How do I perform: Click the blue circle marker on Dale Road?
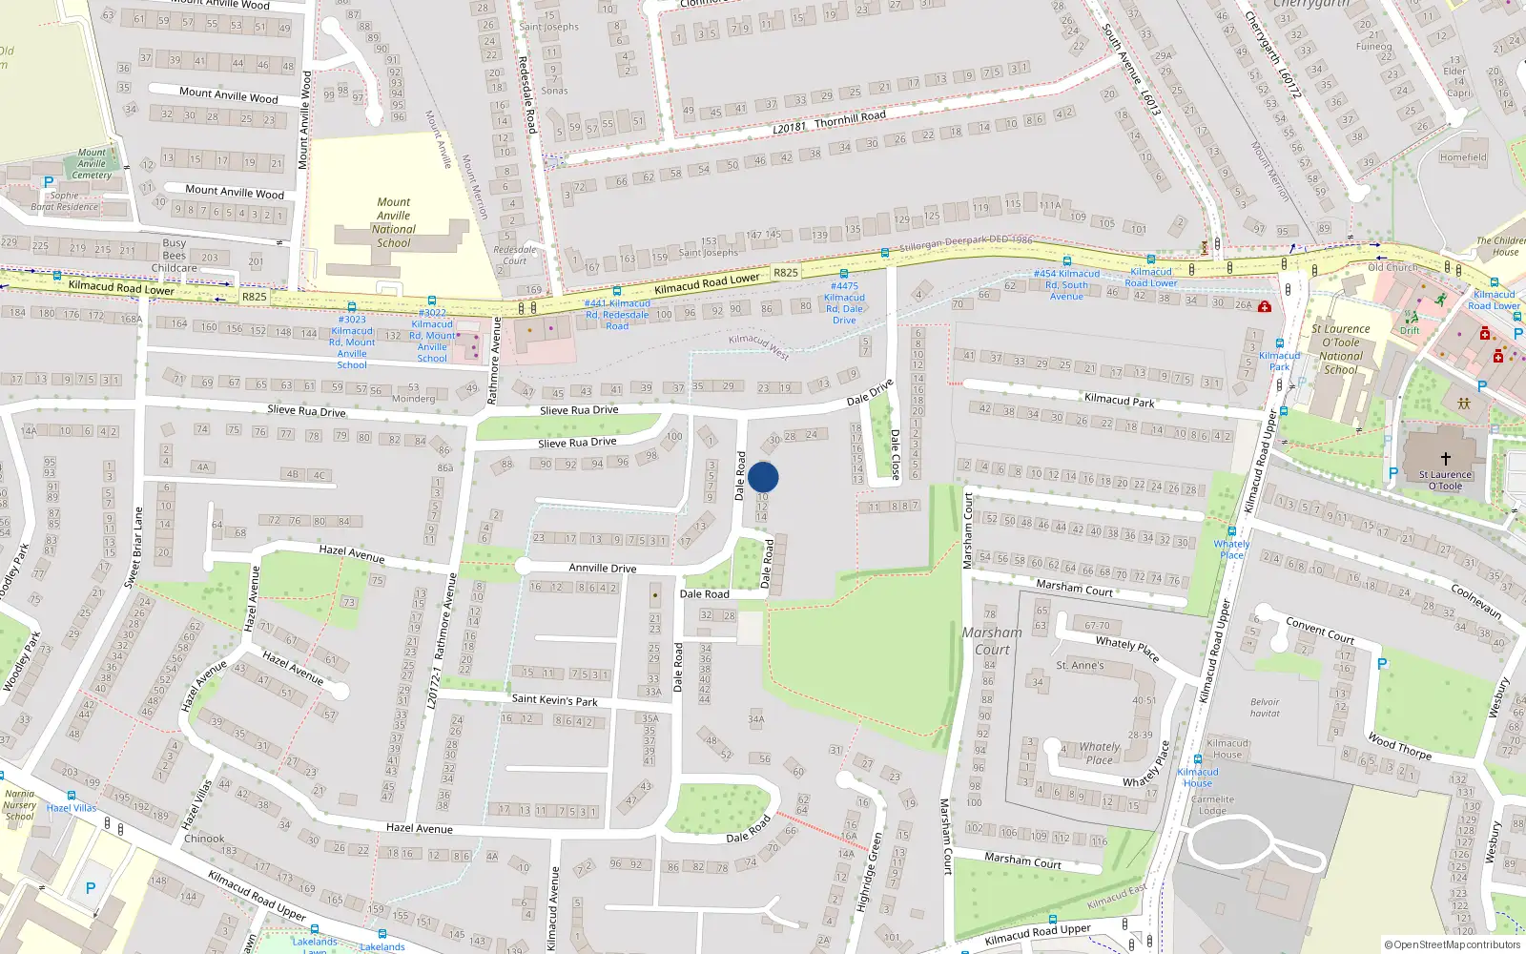763,477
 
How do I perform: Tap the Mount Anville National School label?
394,222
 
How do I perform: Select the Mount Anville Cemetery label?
92,164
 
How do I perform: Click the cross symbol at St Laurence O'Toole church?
1445,459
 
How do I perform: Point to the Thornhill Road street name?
850,118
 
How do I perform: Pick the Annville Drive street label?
602,568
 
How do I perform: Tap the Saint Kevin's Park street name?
554,700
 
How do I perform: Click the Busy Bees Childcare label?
174,256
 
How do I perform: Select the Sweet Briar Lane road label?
134,547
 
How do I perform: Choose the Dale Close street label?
895,454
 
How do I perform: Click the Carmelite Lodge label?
1212,805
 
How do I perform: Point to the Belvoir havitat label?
1265,708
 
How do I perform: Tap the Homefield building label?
1463,157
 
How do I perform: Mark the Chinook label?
204,839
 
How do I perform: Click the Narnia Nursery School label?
19,805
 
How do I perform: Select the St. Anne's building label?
1080,665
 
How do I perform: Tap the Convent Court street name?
1320,630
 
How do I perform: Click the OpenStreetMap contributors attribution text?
1452,944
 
